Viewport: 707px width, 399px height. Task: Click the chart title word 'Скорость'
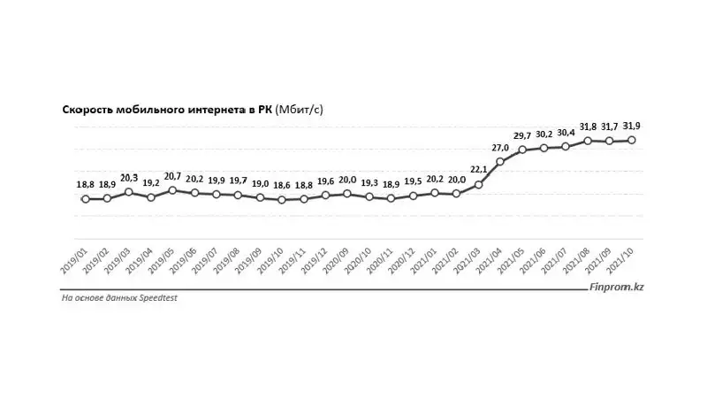[x=87, y=110]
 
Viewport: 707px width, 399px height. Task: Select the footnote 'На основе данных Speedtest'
[x=118, y=299]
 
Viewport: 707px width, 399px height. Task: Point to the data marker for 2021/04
[x=500, y=161]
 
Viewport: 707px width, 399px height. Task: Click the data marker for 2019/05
[x=172, y=190]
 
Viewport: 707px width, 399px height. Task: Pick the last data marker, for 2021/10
[x=632, y=140]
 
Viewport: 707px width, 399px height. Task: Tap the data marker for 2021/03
[x=478, y=185]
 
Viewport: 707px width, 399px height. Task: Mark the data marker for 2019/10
[x=282, y=200]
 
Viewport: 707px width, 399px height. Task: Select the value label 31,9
[x=632, y=126]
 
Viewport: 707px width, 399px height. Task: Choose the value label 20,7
[x=172, y=176]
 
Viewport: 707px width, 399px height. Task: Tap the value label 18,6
[x=282, y=186]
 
